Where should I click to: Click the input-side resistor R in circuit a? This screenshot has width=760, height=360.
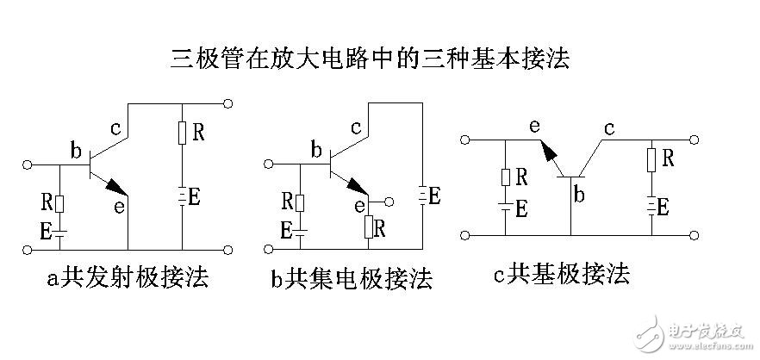(60, 203)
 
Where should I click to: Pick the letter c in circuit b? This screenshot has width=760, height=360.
(356, 128)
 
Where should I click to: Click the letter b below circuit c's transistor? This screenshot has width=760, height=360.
(579, 196)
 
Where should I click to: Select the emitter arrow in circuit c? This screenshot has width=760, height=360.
(547, 153)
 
